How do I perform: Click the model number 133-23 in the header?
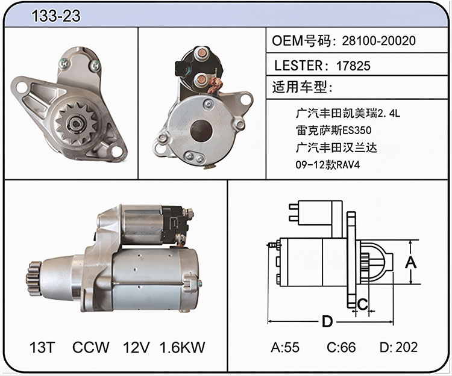(x=56, y=16)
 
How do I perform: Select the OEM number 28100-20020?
(x=379, y=40)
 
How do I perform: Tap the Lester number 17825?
(x=353, y=66)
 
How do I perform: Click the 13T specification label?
(x=42, y=347)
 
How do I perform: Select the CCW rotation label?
(x=91, y=347)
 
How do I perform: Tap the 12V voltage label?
(x=136, y=347)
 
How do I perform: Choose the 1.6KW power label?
(x=182, y=347)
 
